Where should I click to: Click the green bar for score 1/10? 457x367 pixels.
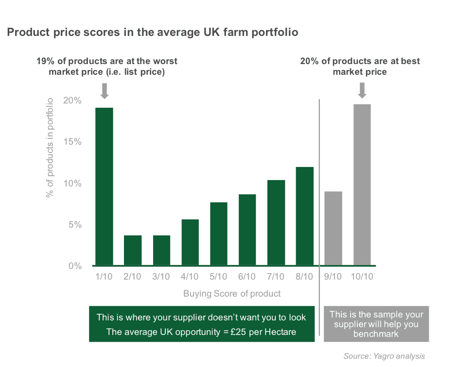pos(104,186)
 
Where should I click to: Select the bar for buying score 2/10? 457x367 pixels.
pos(133,250)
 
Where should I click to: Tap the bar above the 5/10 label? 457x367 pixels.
pos(218,234)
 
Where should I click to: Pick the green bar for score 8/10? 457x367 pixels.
pos(304,216)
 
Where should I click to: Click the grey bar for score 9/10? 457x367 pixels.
pos(333,228)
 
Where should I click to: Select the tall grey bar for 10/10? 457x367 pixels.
pos(362,185)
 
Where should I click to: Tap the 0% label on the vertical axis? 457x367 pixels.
pos(74,266)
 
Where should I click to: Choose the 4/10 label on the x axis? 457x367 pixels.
pos(190,277)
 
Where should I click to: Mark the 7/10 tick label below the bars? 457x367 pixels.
pos(276,277)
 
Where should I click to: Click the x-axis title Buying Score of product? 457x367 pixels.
pos(232,294)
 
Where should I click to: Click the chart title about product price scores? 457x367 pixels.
pos(152,33)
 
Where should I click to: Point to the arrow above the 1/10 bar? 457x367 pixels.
pos(105,90)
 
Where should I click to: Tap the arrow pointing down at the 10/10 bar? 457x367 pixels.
pos(362,90)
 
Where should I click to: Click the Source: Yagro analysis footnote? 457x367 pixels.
pos(384,356)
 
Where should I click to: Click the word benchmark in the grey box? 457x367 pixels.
pos(376,334)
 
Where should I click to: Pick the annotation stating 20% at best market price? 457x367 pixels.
pos(360,67)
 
